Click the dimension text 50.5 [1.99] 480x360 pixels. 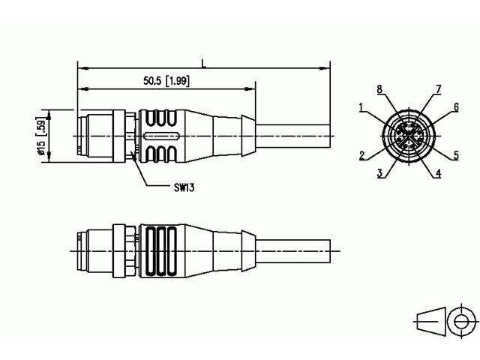(165, 80)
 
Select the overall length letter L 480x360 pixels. (203, 64)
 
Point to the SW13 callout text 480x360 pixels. (179, 187)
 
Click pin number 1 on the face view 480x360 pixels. (361, 108)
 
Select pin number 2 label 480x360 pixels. (361, 156)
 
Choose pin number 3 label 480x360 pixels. (381, 172)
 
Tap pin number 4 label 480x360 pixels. (439, 172)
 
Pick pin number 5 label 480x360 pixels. (456, 156)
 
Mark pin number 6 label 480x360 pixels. (455, 108)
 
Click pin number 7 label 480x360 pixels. (438, 89)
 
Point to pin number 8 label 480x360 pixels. (379, 89)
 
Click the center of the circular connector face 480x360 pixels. (409, 136)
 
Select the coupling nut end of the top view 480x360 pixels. (94, 136)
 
